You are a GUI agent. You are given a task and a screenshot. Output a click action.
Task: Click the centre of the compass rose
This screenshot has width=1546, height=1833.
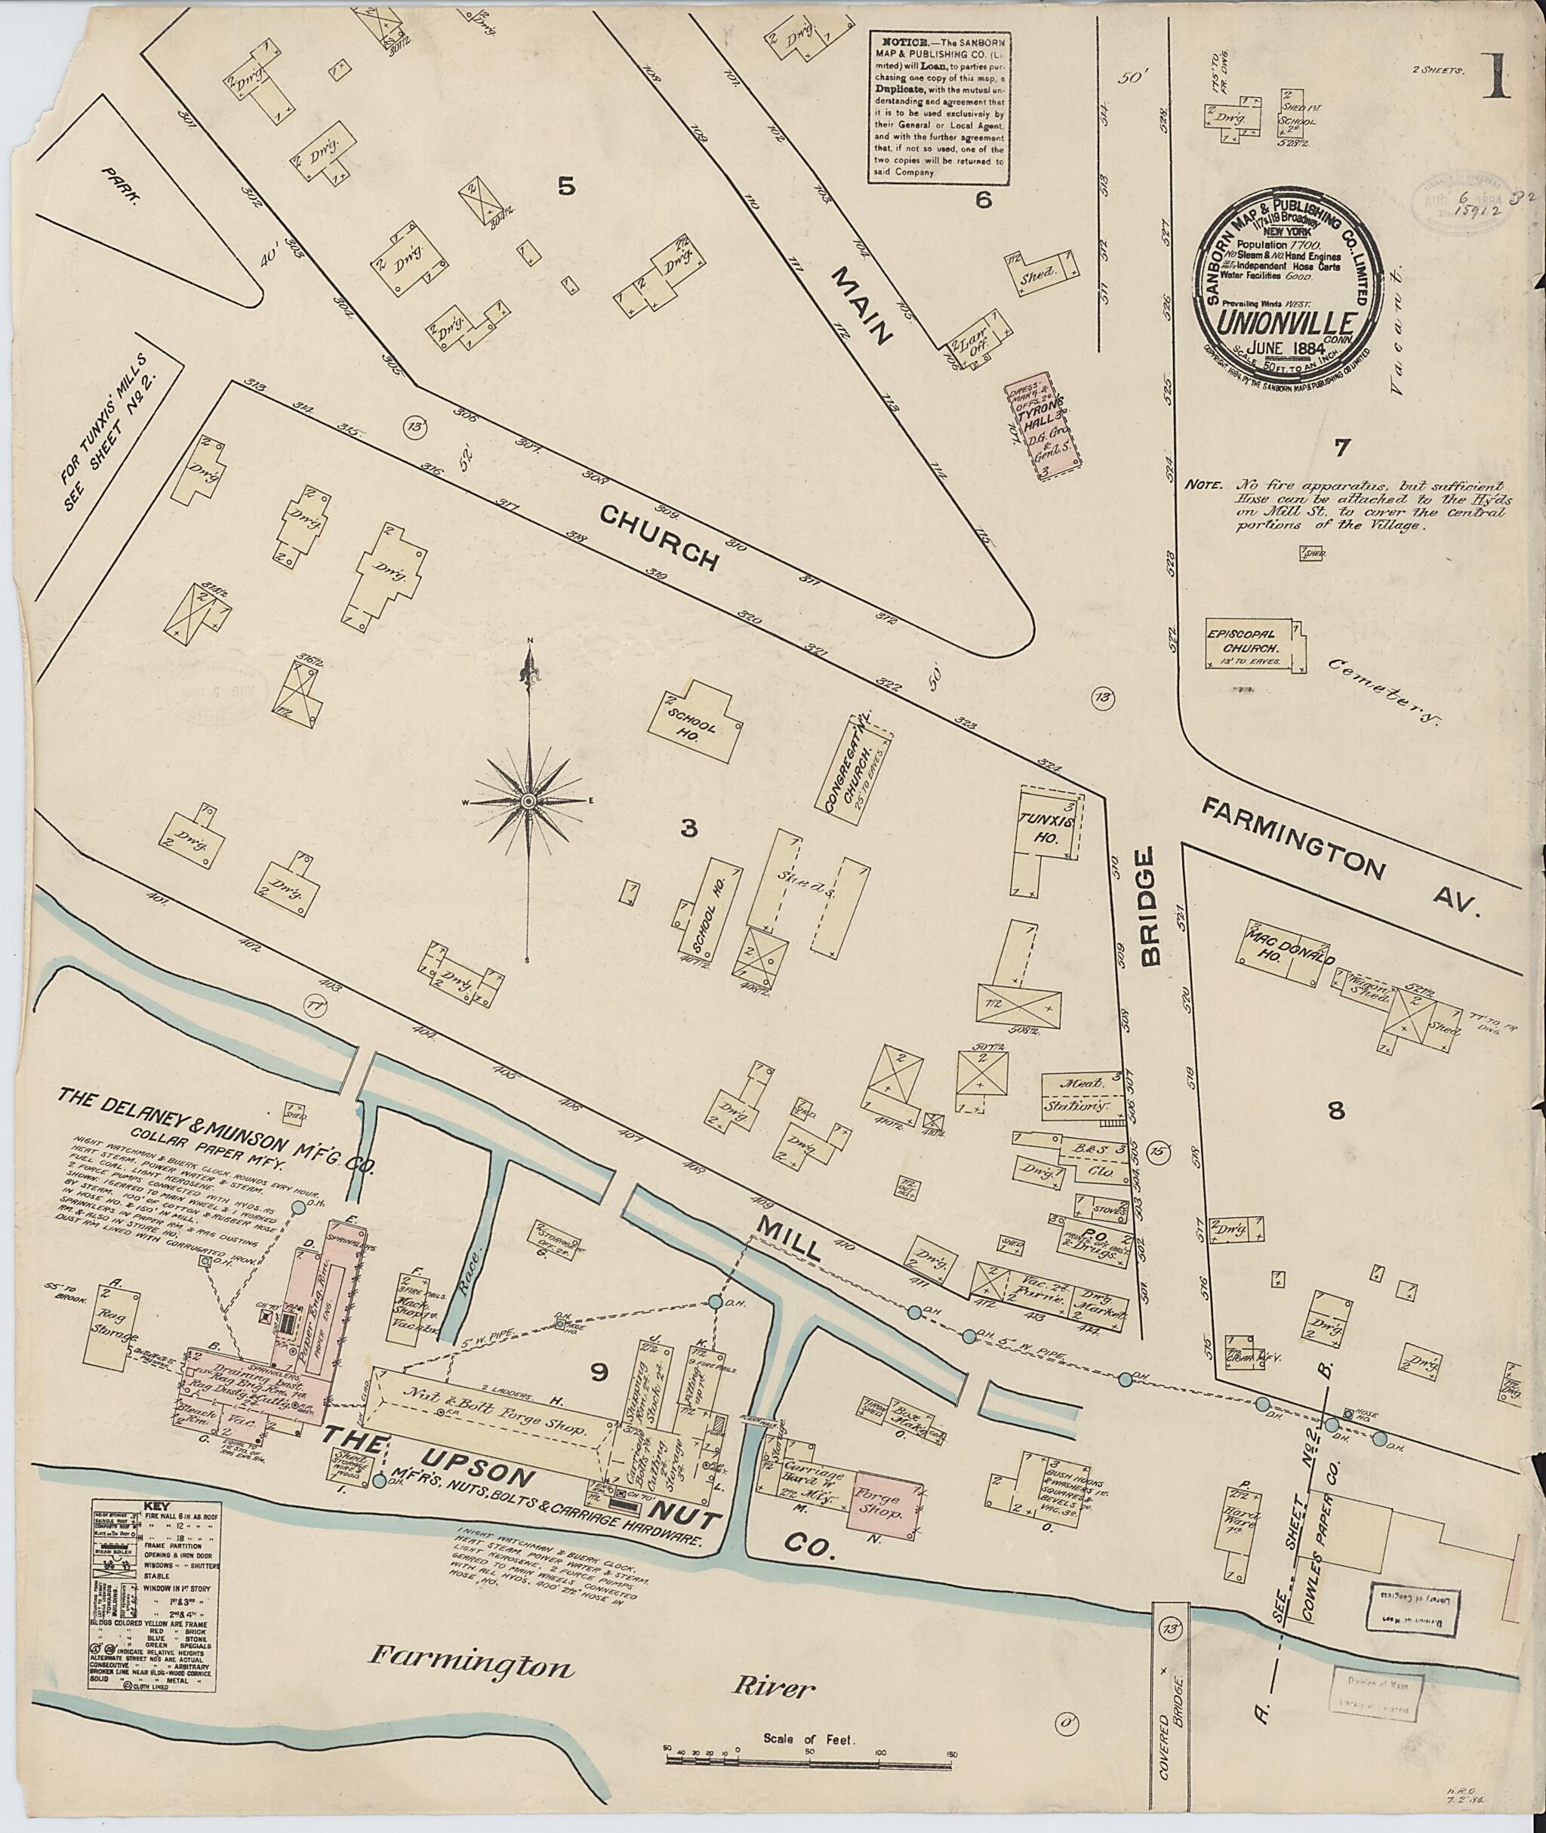pos(528,801)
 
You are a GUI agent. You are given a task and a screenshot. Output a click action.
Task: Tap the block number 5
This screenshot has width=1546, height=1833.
pos(567,186)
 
